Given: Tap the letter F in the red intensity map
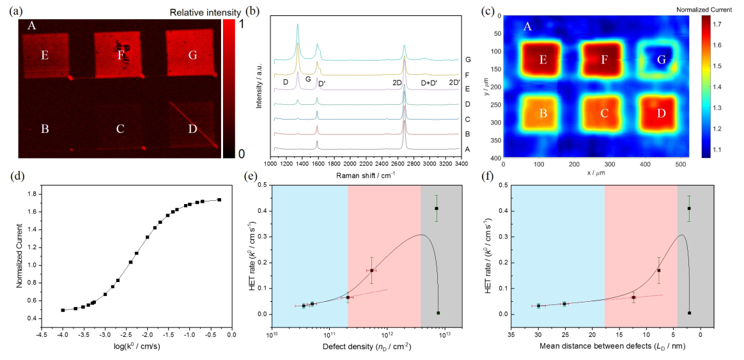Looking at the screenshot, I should (120, 55).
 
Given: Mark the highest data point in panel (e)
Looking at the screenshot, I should (437, 208).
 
